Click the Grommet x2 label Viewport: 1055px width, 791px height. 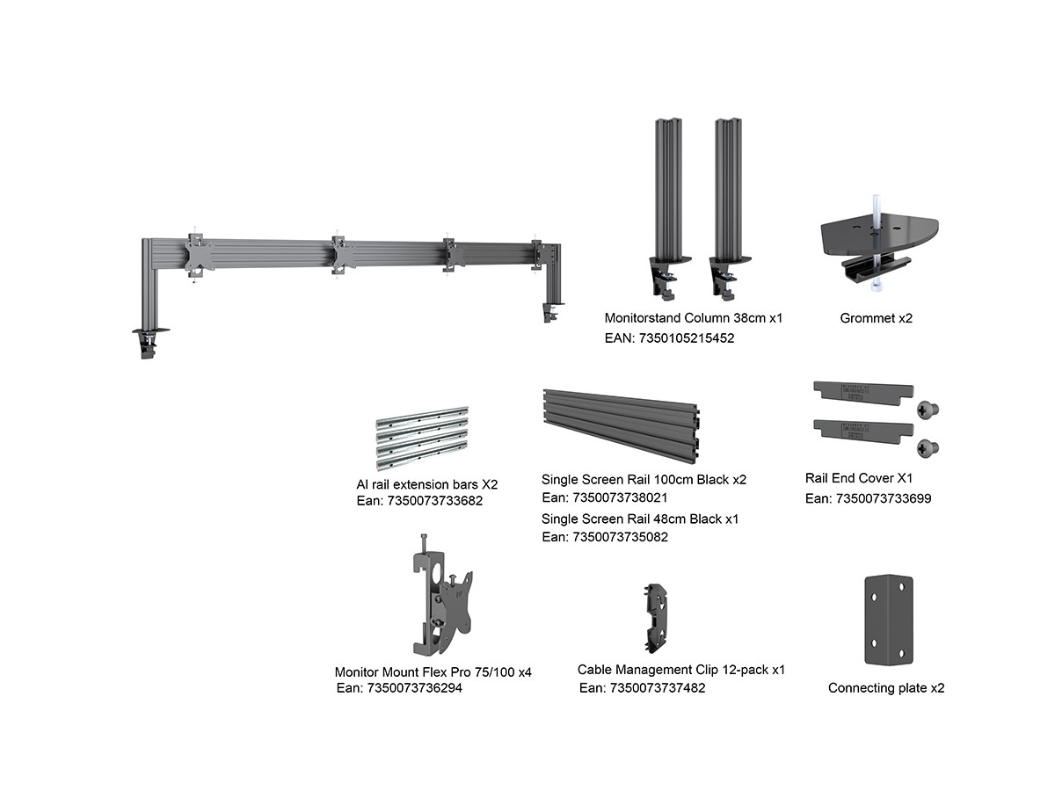point(876,318)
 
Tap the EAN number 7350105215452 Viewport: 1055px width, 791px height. point(669,337)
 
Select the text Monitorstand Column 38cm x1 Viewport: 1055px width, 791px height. point(693,318)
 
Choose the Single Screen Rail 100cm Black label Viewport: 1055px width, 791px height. point(644,480)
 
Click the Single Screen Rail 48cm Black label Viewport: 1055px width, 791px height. point(640,519)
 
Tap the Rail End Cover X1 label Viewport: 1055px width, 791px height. point(859,479)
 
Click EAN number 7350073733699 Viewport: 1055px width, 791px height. point(868,498)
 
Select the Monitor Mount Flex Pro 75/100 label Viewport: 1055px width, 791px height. point(433,672)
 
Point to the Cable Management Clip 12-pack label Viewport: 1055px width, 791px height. point(681,670)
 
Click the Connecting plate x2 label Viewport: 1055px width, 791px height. point(886,688)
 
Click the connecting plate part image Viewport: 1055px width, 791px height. point(884,620)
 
